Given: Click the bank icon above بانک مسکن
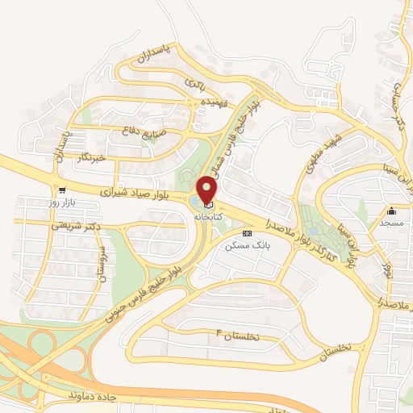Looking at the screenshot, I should [247, 233].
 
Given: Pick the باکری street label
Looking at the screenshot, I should [196, 83].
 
